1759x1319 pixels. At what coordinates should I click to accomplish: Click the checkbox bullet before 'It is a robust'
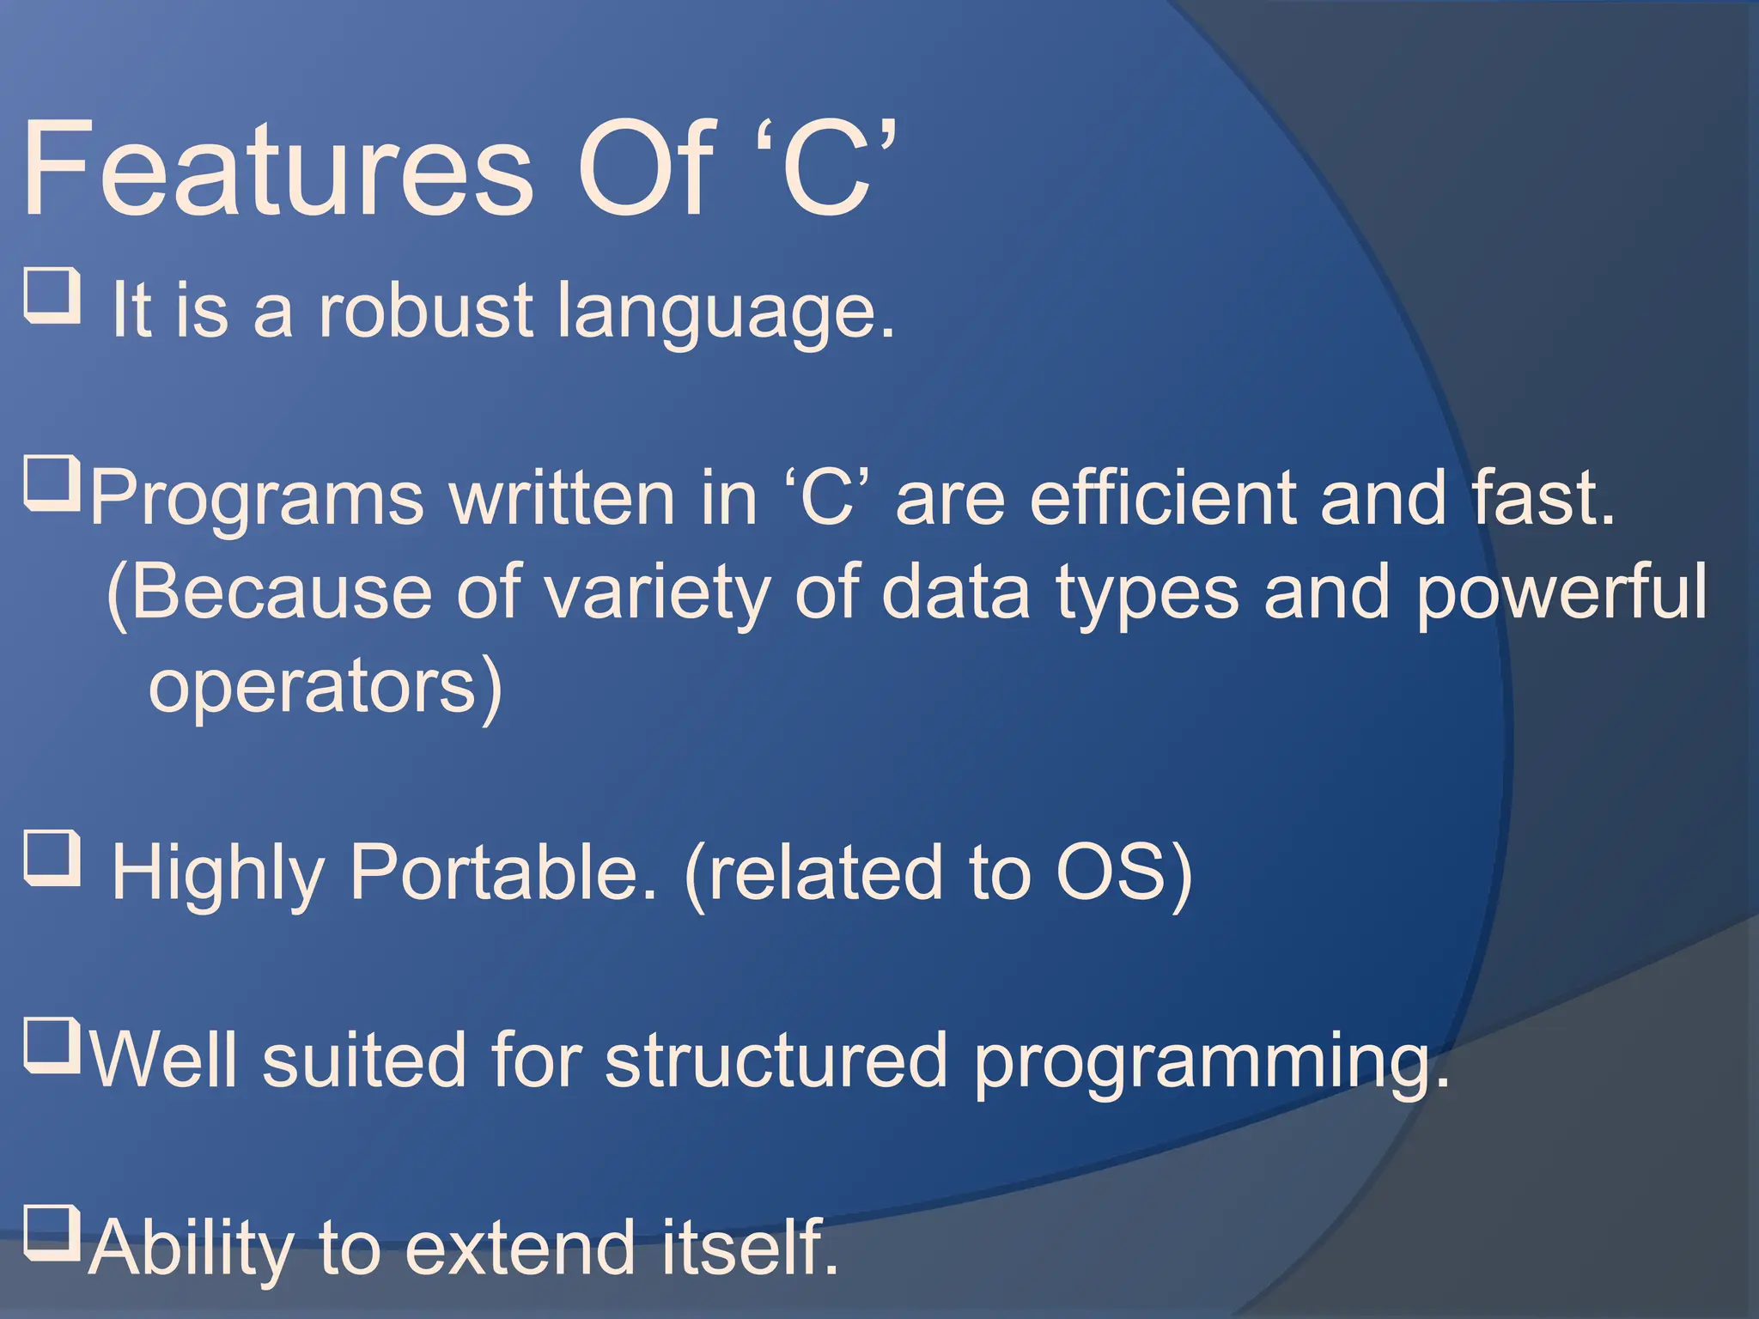[52, 295]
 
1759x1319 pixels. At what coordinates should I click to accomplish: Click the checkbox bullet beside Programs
[52, 485]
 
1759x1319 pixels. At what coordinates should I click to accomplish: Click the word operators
[313, 687]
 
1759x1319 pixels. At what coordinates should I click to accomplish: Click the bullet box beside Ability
[52, 1232]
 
